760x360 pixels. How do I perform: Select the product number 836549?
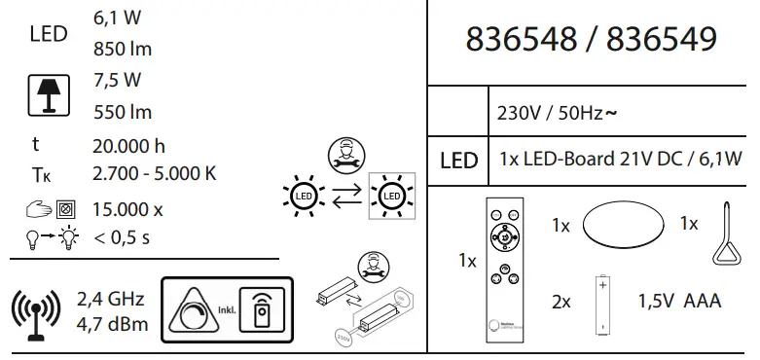[662, 40]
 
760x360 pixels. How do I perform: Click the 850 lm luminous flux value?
[123, 49]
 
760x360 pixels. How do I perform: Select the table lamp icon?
[46, 95]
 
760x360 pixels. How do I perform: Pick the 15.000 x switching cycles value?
[128, 208]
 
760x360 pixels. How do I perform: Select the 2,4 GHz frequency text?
[112, 298]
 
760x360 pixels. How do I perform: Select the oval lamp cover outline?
[623, 225]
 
